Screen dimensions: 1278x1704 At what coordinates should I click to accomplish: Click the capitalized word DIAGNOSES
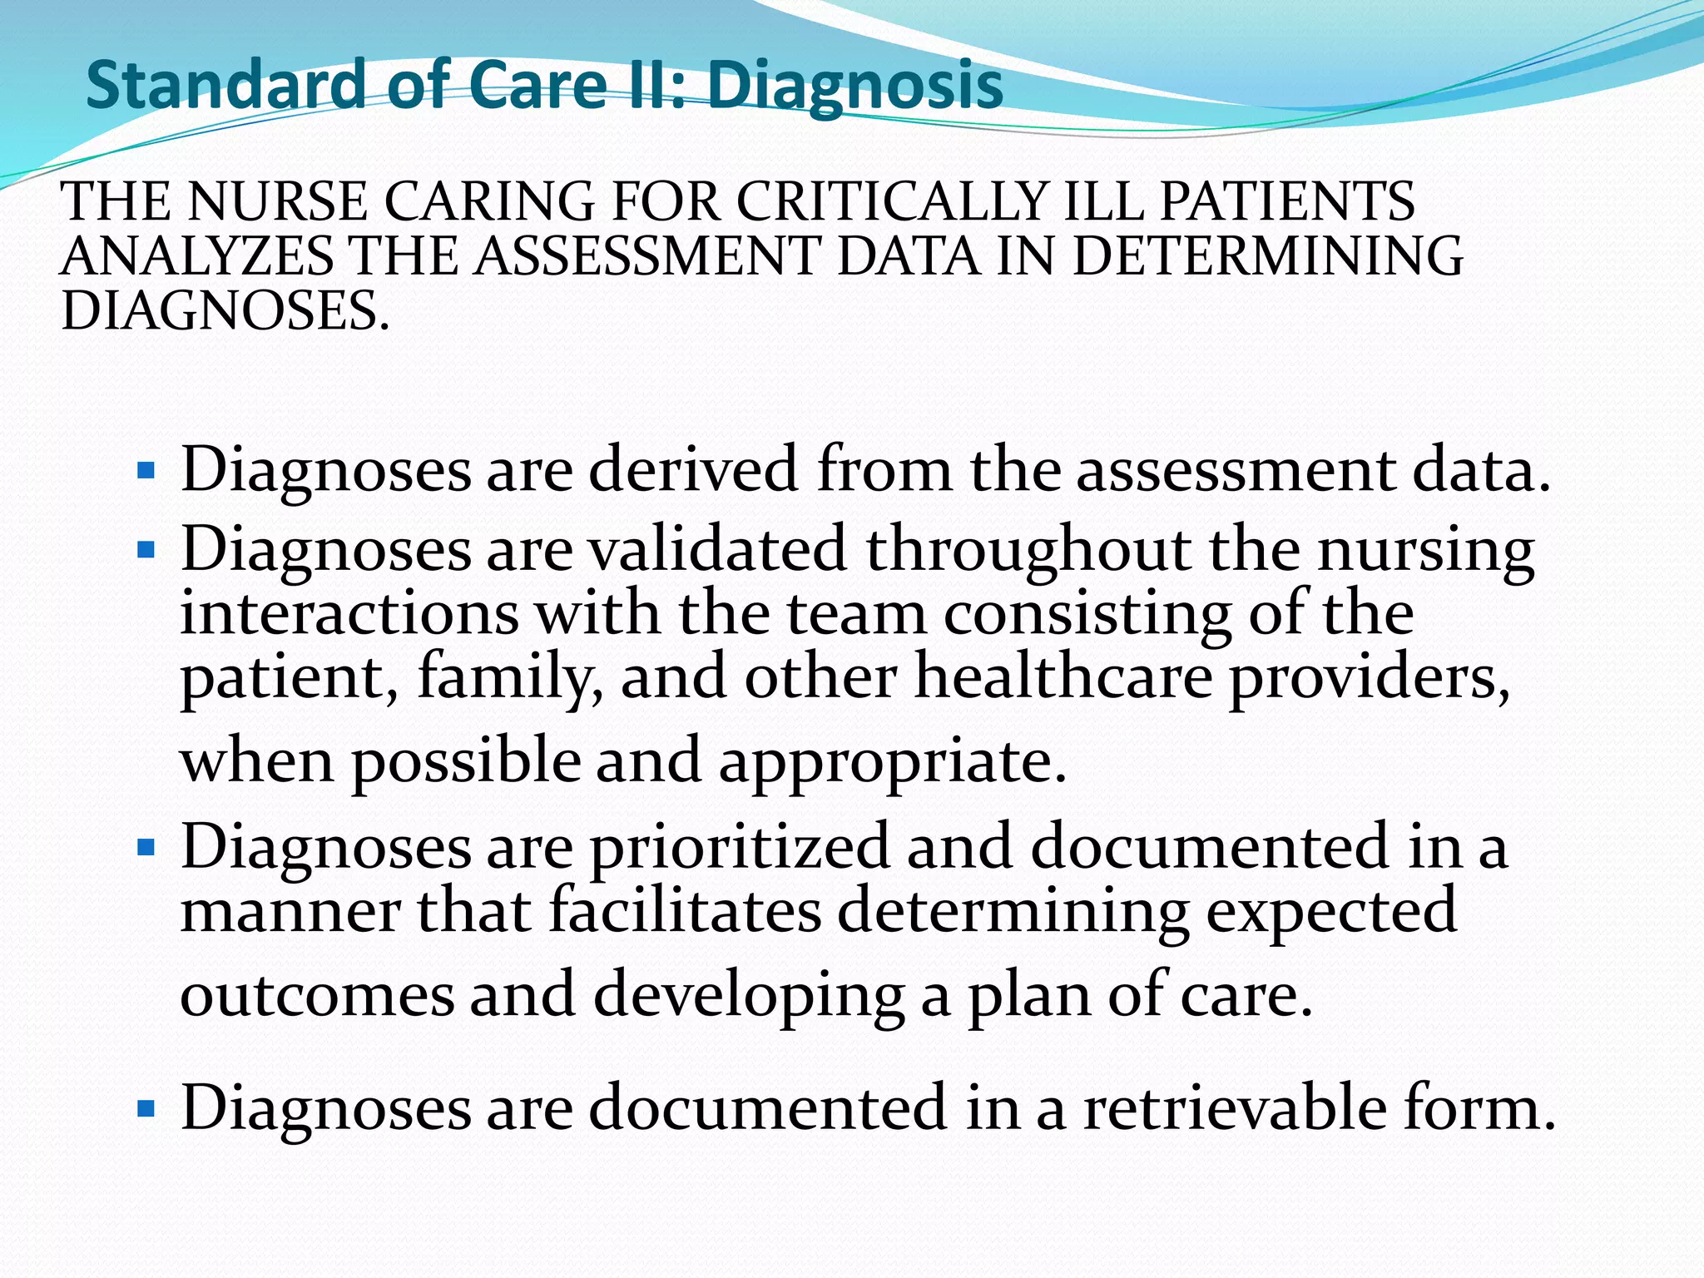(225, 311)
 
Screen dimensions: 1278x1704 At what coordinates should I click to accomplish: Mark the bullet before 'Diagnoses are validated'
(146, 551)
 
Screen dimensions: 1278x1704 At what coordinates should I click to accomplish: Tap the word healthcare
(1063, 676)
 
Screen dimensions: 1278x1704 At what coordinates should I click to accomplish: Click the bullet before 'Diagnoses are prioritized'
(146, 848)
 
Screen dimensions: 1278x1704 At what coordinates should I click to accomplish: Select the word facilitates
(685, 911)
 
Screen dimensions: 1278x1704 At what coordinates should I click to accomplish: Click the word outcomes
(317, 995)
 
